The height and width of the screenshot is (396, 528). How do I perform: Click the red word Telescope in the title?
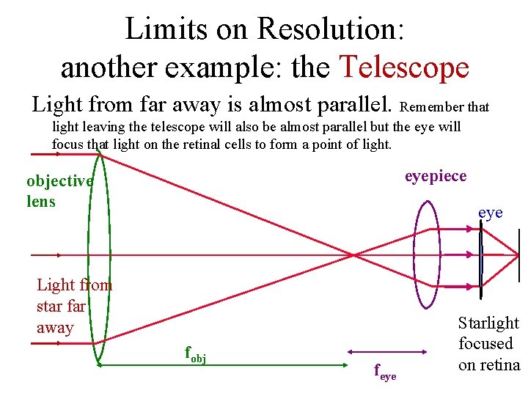[x=404, y=67]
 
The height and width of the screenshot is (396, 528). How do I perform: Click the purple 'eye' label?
[x=490, y=213]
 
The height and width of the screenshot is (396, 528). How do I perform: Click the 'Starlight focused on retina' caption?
[x=488, y=343]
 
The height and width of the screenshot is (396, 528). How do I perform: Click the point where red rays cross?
[x=355, y=255]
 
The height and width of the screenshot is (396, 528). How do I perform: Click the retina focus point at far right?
[x=518, y=255]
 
